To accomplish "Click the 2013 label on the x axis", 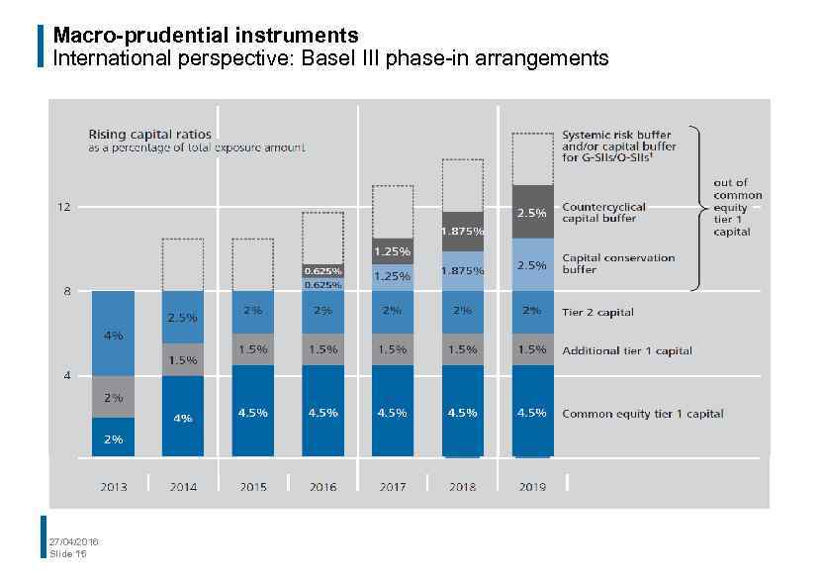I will pos(113,487).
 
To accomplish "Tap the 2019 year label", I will pos(532,487).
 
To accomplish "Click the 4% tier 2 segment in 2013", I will pos(113,335).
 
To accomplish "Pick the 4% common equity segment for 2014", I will pos(183,418).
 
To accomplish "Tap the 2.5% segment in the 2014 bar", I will pos(183,318).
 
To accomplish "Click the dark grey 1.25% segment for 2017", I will pos(393,251).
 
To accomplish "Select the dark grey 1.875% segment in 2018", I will pos(462,231).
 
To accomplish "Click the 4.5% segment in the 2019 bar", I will pos(532,413).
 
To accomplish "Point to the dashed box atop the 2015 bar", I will pos(253,264).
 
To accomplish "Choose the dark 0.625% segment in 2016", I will pos(322,270).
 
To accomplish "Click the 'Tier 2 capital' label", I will pos(597,312).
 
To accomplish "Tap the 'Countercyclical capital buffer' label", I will pos(603,213).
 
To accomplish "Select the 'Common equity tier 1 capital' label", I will pos(642,414).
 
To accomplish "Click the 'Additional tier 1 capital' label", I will pos(626,350).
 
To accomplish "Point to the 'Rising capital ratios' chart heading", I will pos(149,134).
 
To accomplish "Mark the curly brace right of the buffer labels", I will pos(695,208).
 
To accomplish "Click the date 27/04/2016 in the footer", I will pos(73,541).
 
